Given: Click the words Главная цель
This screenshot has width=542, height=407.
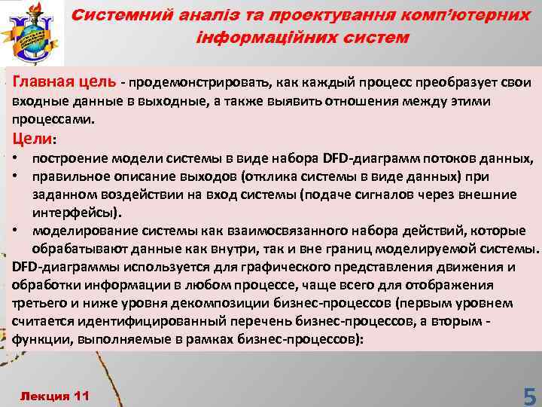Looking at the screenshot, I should [61, 82].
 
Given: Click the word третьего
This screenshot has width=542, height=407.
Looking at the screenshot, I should [36, 303].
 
